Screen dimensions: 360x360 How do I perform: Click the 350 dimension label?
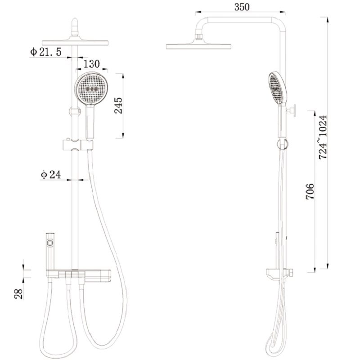[x=241, y=7]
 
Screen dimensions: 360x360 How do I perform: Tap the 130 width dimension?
[x=91, y=64]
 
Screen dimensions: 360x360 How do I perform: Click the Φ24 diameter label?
[x=51, y=175]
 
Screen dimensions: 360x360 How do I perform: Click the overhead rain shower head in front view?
[x=76, y=41]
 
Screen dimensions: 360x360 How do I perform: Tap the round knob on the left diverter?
[x=51, y=243]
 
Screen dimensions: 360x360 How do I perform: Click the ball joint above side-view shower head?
[x=198, y=35]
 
